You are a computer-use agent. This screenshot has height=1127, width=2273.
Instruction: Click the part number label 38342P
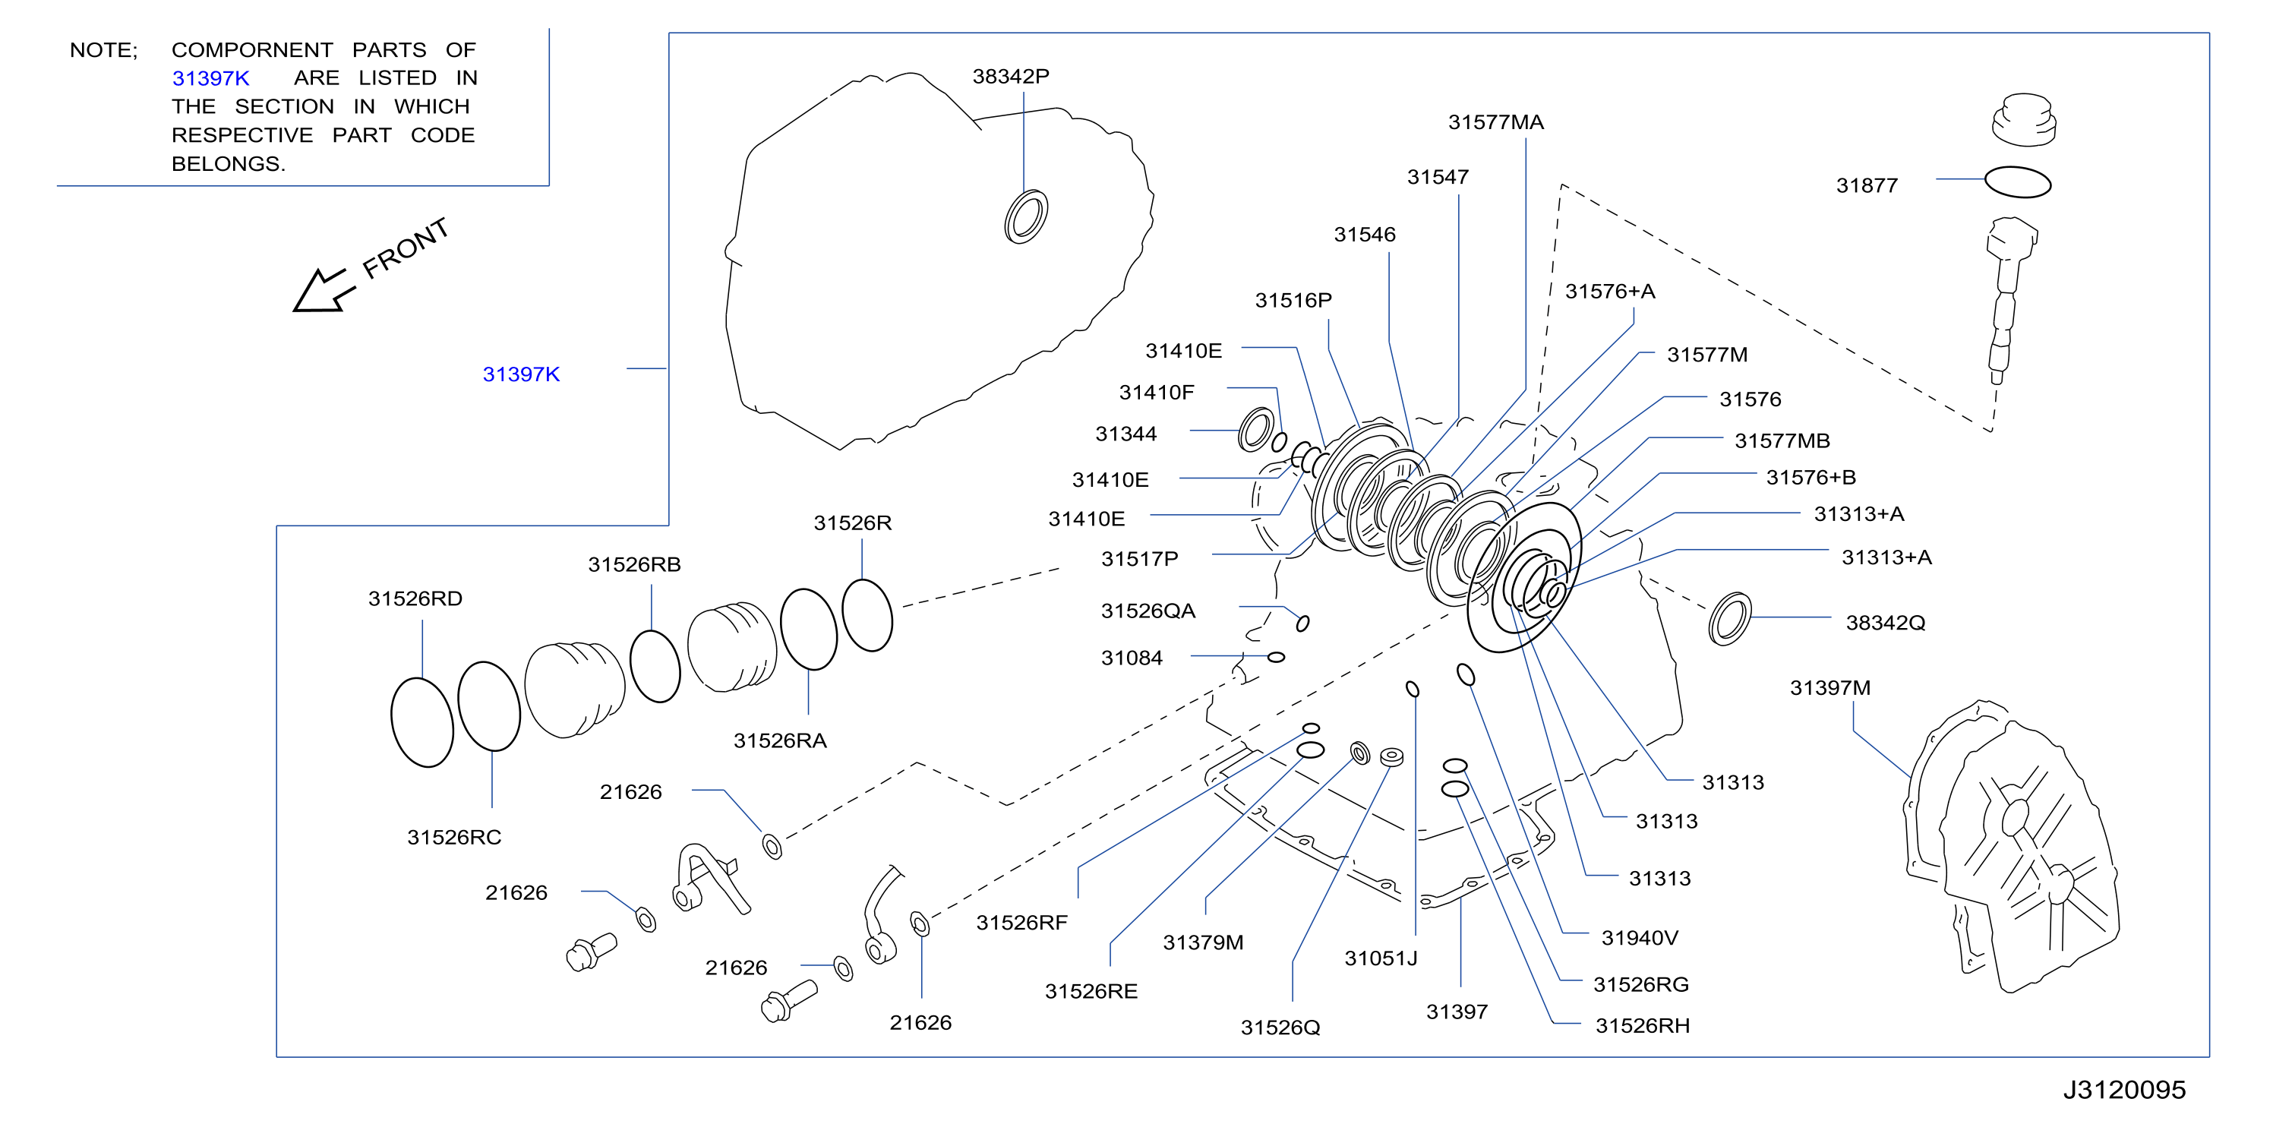point(1010,77)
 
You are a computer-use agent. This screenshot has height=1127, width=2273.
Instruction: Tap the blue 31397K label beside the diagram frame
point(521,374)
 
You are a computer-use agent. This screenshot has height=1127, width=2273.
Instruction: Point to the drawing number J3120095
point(2124,1090)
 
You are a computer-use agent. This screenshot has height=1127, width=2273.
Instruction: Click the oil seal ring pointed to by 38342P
point(1025,216)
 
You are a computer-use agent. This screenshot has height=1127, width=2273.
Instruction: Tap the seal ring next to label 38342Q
point(1729,619)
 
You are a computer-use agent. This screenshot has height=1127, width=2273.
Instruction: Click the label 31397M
point(1829,688)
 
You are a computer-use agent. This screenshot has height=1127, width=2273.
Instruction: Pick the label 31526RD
point(415,599)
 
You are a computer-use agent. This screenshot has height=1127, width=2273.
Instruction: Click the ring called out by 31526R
point(867,615)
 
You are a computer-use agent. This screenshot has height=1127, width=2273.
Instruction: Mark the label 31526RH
point(1642,1025)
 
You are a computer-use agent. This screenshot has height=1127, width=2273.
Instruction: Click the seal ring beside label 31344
point(1255,430)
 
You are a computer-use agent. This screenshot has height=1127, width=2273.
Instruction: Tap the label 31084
point(1132,658)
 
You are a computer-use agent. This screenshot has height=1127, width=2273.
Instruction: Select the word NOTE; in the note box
point(103,50)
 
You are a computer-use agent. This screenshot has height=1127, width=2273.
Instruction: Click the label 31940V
point(1640,938)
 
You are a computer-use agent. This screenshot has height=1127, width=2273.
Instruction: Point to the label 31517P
point(1139,560)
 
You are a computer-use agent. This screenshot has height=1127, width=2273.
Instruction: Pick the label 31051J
point(1380,958)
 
